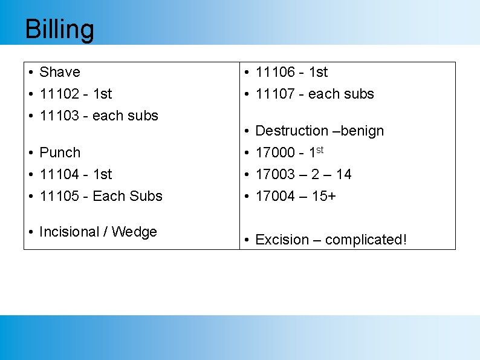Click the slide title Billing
pyautogui.click(x=59, y=30)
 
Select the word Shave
pyautogui.click(x=60, y=72)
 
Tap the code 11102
pyautogui.click(x=59, y=94)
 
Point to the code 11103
pyautogui.click(x=59, y=116)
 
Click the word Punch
pyautogui.click(x=60, y=152)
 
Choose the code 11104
pyautogui.click(x=59, y=174)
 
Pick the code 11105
pyautogui.click(x=59, y=196)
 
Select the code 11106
pyautogui.click(x=276, y=72)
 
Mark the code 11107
pyautogui.click(x=276, y=94)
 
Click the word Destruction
pyautogui.click(x=292, y=131)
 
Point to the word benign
pyautogui.click(x=361, y=131)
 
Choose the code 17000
pyautogui.click(x=276, y=152)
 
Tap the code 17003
pyautogui.click(x=276, y=174)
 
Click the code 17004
pyautogui.click(x=276, y=196)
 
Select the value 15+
pyautogui.click(x=324, y=196)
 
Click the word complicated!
pyautogui.click(x=366, y=240)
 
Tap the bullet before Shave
pyautogui.click(x=30, y=73)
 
